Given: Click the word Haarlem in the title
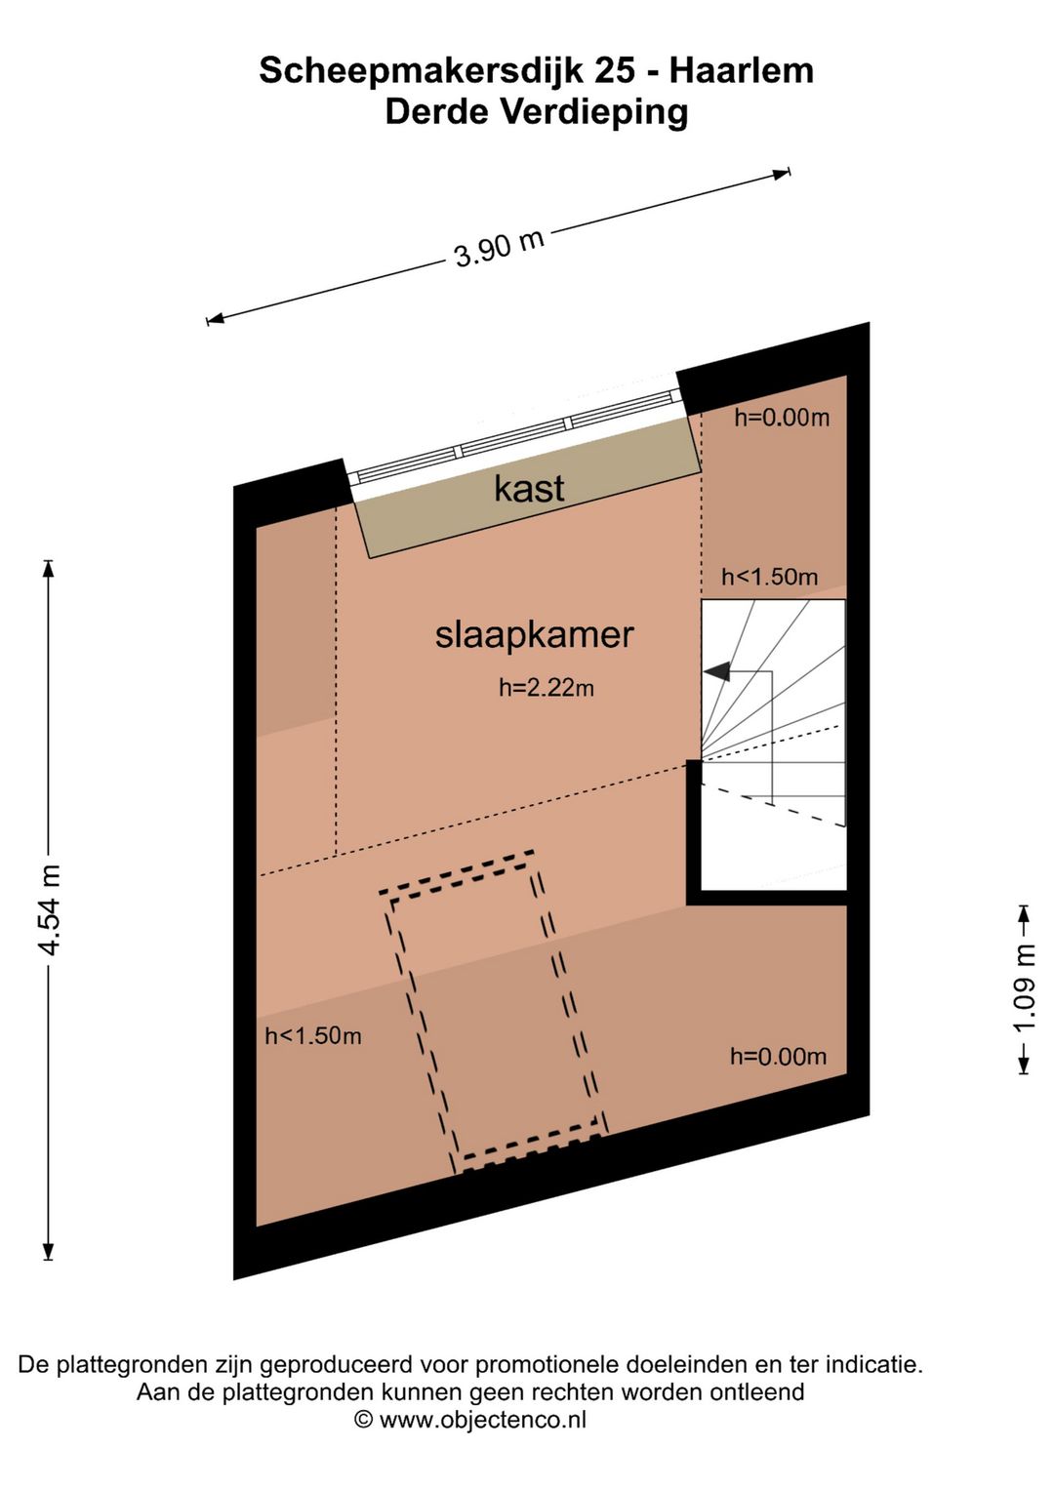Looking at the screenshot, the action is pyautogui.click(x=742, y=71).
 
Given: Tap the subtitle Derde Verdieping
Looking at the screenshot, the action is pyautogui.click(x=536, y=113).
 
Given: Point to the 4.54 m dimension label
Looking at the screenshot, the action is pyautogui.click(x=51, y=909).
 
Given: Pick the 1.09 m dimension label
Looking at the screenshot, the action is pyautogui.click(x=1024, y=987).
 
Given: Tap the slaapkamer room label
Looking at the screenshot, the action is pyautogui.click(x=534, y=635).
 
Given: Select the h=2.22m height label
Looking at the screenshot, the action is pyautogui.click(x=546, y=688).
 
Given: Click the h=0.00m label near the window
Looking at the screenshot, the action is pyautogui.click(x=782, y=418).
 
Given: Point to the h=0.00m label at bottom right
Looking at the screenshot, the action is pyautogui.click(x=778, y=1057).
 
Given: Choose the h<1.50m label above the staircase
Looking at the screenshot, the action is pyautogui.click(x=769, y=577).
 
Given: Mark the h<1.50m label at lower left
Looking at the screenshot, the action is pyautogui.click(x=313, y=1035).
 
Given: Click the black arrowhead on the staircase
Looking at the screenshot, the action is pyautogui.click(x=717, y=672).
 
